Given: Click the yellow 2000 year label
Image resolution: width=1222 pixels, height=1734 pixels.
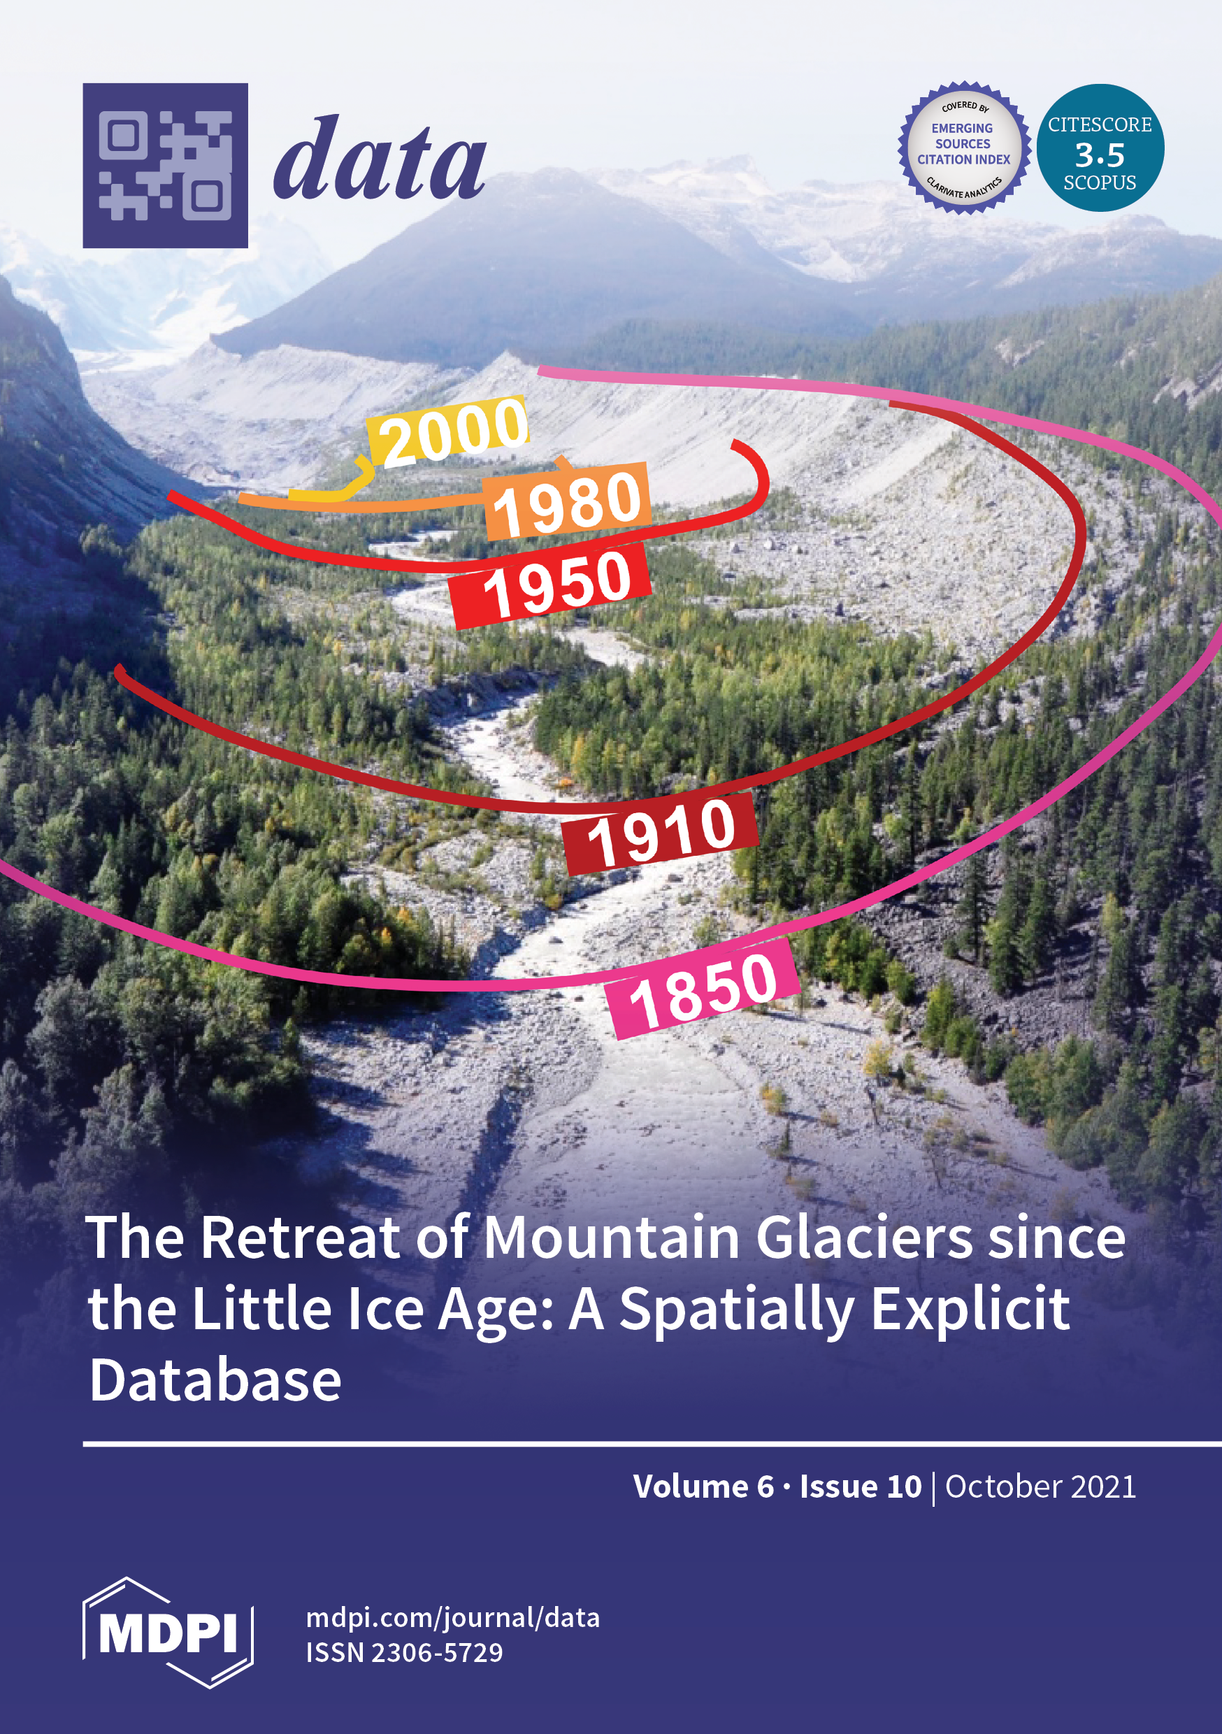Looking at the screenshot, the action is pyautogui.click(x=449, y=431).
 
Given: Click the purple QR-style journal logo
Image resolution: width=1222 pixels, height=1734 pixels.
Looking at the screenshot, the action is pyautogui.click(x=166, y=166).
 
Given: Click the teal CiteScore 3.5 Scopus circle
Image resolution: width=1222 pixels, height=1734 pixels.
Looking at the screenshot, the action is pyautogui.click(x=1100, y=148).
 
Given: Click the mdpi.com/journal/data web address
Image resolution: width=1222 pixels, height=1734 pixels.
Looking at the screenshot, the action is pyautogui.click(x=453, y=1618).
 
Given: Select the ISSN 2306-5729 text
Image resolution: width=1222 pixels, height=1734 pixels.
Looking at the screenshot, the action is pyautogui.click(x=404, y=1652).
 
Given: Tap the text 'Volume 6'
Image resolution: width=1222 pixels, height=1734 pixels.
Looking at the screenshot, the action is pyautogui.click(x=703, y=1486).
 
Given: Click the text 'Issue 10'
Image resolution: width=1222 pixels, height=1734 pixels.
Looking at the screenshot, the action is pyautogui.click(x=861, y=1486).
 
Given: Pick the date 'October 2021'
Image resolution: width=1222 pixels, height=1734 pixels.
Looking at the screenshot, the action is pyautogui.click(x=1040, y=1486).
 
